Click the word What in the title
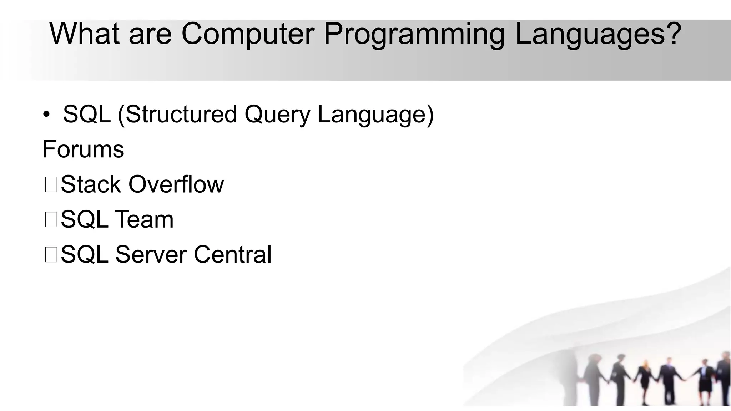(x=84, y=34)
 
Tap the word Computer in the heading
(x=248, y=34)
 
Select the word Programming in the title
(x=414, y=34)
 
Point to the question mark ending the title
(x=673, y=34)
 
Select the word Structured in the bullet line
(x=181, y=114)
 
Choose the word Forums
(x=83, y=149)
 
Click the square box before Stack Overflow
(x=51, y=185)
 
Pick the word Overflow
(x=176, y=184)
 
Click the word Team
(x=144, y=219)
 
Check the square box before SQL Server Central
(x=51, y=255)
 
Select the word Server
(x=151, y=254)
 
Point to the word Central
(x=232, y=254)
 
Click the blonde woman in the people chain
(x=645, y=378)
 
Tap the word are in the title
(x=150, y=34)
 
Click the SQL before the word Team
(x=85, y=219)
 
